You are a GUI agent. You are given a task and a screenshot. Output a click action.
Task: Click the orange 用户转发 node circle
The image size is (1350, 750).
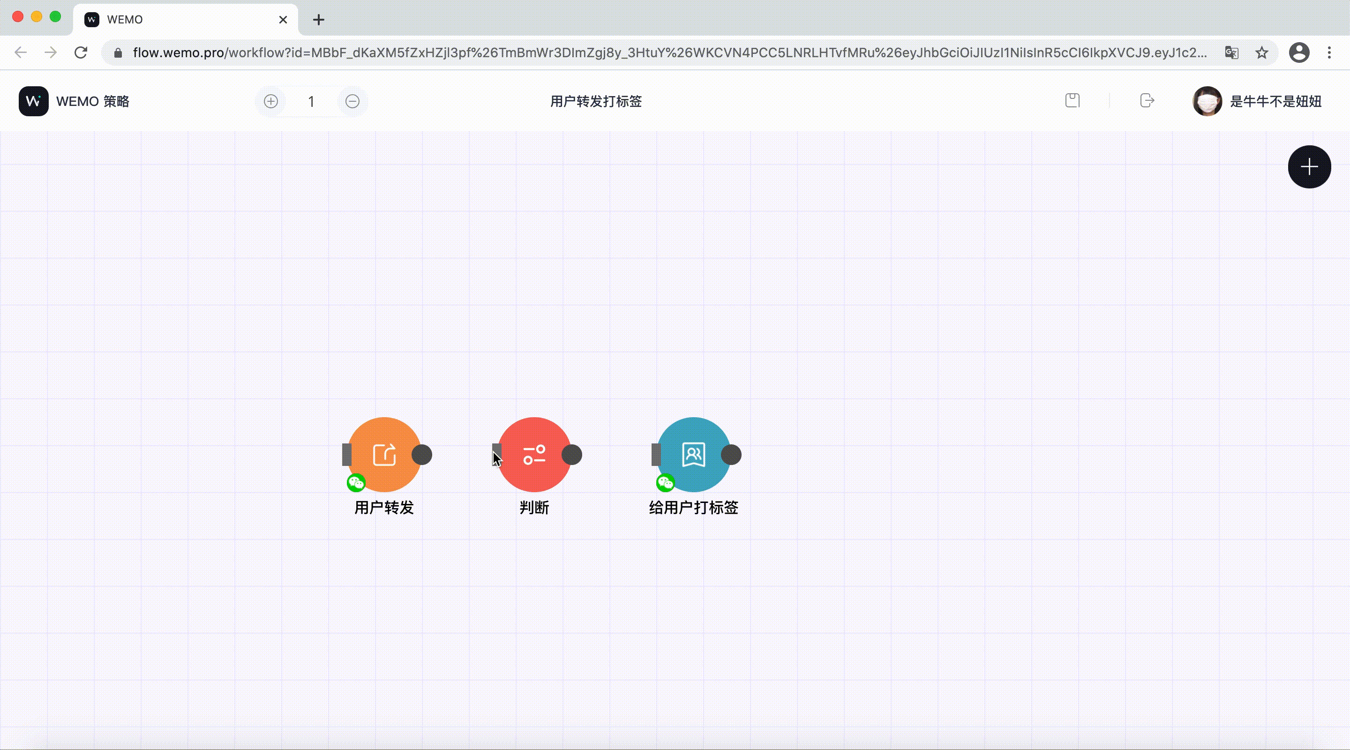[x=384, y=454]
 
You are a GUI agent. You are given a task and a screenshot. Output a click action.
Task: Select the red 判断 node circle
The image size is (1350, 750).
[x=534, y=454]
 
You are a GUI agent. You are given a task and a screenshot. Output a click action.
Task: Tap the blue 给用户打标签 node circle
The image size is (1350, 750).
[x=693, y=454]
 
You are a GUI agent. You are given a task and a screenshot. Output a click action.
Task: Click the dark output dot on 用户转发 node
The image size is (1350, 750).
[x=422, y=454]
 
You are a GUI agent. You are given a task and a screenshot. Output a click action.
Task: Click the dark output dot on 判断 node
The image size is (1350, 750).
[x=572, y=454]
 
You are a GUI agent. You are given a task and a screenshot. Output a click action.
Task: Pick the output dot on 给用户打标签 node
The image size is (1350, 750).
[x=731, y=454]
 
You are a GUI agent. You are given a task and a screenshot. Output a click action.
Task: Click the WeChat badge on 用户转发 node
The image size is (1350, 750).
[x=356, y=482]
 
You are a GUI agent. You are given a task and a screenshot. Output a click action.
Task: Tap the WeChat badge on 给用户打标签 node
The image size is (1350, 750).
[x=666, y=482]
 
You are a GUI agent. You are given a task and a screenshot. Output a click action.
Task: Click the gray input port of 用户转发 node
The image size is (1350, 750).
[x=346, y=454]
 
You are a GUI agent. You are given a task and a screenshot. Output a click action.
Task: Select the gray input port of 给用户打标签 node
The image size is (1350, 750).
[x=656, y=454]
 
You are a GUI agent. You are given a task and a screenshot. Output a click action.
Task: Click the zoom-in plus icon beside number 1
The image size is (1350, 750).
[x=271, y=101]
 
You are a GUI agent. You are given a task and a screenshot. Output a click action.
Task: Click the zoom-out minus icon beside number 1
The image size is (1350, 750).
[x=352, y=101]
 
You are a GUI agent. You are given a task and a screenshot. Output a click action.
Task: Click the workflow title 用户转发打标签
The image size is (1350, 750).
[x=596, y=101]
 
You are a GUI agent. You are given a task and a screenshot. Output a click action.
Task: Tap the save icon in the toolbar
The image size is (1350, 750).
[x=1072, y=100]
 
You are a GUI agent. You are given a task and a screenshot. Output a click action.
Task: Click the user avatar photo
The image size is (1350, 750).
[x=1207, y=101]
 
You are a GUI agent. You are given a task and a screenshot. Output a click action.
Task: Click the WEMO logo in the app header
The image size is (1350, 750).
[x=34, y=101]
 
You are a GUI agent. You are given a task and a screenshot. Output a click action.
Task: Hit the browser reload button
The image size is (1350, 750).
[x=81, y=52]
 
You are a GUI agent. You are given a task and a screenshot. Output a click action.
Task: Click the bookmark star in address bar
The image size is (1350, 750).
[x=1261, y=52]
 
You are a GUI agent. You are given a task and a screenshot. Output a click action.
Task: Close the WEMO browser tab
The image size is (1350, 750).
[x=283, y=19]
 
